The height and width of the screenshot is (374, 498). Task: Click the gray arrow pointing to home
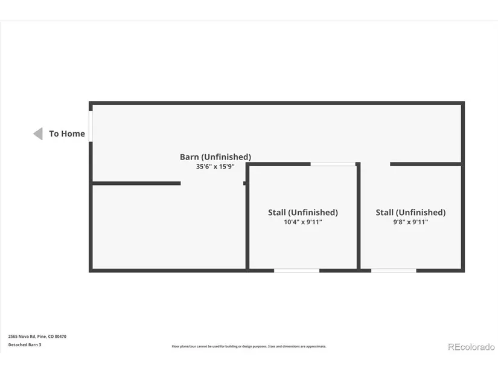pyautogui.click(x=38, y=134)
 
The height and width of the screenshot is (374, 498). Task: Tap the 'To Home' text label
pyautogui.click(x=67, y=134)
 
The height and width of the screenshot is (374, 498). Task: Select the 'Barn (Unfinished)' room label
pyautogui.click(x=215, y=156)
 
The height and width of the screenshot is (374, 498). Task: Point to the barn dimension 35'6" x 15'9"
pyautogui.click(x=215, y=166)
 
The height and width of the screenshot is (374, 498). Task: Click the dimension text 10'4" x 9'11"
pyautogui.click(x=303, y=222)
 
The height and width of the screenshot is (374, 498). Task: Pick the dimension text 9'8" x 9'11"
pyautogui.click(x=410, y=222)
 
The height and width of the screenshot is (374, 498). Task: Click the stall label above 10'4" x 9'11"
pyautogui.click(x=303, y=213)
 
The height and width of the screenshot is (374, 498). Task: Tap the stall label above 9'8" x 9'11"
pyautogui.click(x=410, y=213)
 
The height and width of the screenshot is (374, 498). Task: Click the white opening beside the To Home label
pyautogui.click(x=91, y=126)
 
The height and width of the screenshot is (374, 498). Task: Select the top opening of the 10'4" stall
pyautogui.click(x=333, y=164)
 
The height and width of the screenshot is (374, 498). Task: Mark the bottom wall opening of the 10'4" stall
pyautogui.click(x=296, y=271)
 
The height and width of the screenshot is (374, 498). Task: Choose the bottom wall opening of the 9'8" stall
pyautogui.click(x=394, y=271)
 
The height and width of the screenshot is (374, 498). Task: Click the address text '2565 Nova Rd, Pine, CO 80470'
pyautogui.click(x=37, y=337)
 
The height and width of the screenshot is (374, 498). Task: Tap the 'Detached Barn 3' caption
pyautogui.click(x=25, y=345)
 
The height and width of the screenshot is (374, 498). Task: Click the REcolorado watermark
pyautogui.click(x=471, y=347)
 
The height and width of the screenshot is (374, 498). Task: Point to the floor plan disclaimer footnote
pyautogui.click(x=249, y=346)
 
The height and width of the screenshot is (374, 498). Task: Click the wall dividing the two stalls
pyautogui.click(x=359, y=216)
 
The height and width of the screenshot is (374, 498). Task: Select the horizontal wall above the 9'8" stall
pyautogui.click(x=426, y=164)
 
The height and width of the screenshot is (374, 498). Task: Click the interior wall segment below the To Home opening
pyautogui.click(x=136, y=183)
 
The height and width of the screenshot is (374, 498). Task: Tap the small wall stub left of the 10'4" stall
pyautogui.click(x=244, y=183)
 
